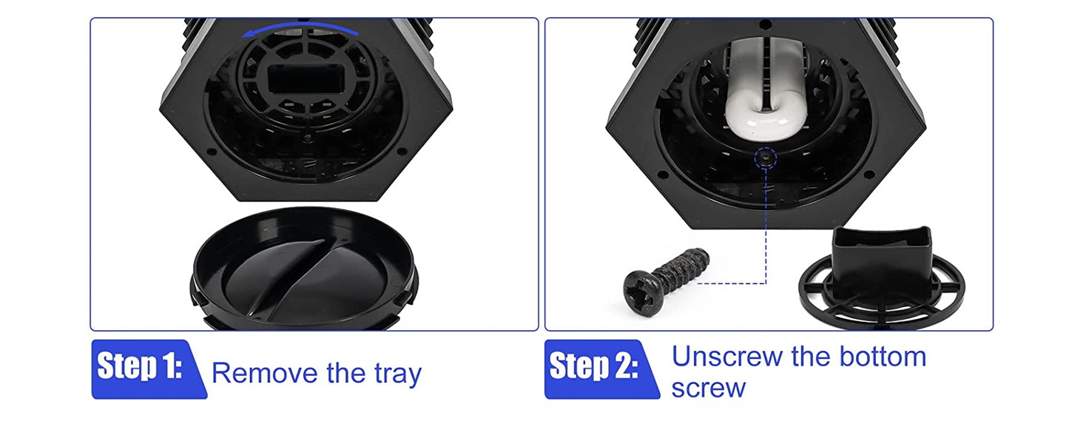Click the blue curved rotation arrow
(x=300, y=28)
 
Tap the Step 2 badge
(x=601, y=369)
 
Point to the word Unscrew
(x=727, y=357)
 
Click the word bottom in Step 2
(x=883, y=357)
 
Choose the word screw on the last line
(x=708, y=388)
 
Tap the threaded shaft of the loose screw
(x=683, y=268)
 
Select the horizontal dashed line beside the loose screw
(x=732, y=283)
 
